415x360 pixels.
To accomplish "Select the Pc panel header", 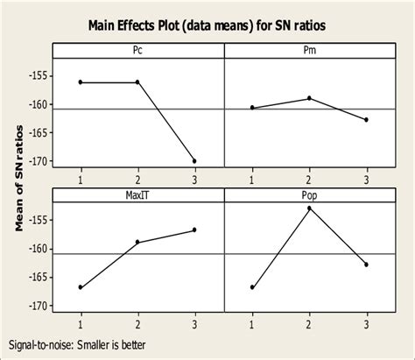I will (x=137, y=52).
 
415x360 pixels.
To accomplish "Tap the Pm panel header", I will (x=308, y=52).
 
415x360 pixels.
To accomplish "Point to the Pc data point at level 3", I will (x=194, y=161).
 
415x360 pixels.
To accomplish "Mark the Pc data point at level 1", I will (x=81, y=82).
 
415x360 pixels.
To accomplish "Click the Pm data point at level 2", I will (x=308, y=98).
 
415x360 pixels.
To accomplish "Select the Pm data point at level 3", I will (x=365, y=119).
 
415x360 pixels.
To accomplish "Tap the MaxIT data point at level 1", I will (x=81, y=287).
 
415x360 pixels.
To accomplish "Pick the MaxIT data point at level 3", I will (x=194, y=229).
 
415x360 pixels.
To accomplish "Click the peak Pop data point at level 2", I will (x=308, y=208).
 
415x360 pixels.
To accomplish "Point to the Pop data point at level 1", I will (x=251, y=287).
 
